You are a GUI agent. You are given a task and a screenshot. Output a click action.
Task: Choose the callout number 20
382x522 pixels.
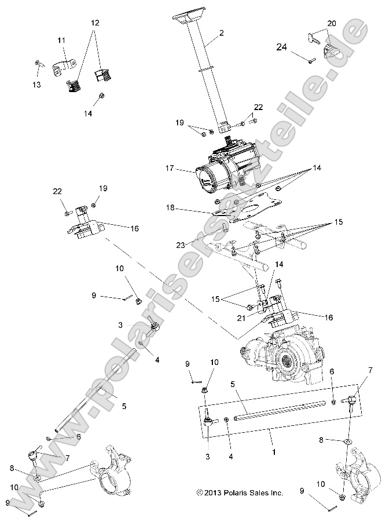coord(331,23)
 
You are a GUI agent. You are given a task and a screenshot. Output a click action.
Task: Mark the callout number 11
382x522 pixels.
coord(61,40)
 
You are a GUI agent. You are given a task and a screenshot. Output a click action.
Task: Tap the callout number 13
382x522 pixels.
coord(36,85)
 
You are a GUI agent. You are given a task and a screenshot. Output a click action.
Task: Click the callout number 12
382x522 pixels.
coord(95,23)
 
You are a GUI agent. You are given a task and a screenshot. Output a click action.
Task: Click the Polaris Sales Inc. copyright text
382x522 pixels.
coord(239,493)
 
